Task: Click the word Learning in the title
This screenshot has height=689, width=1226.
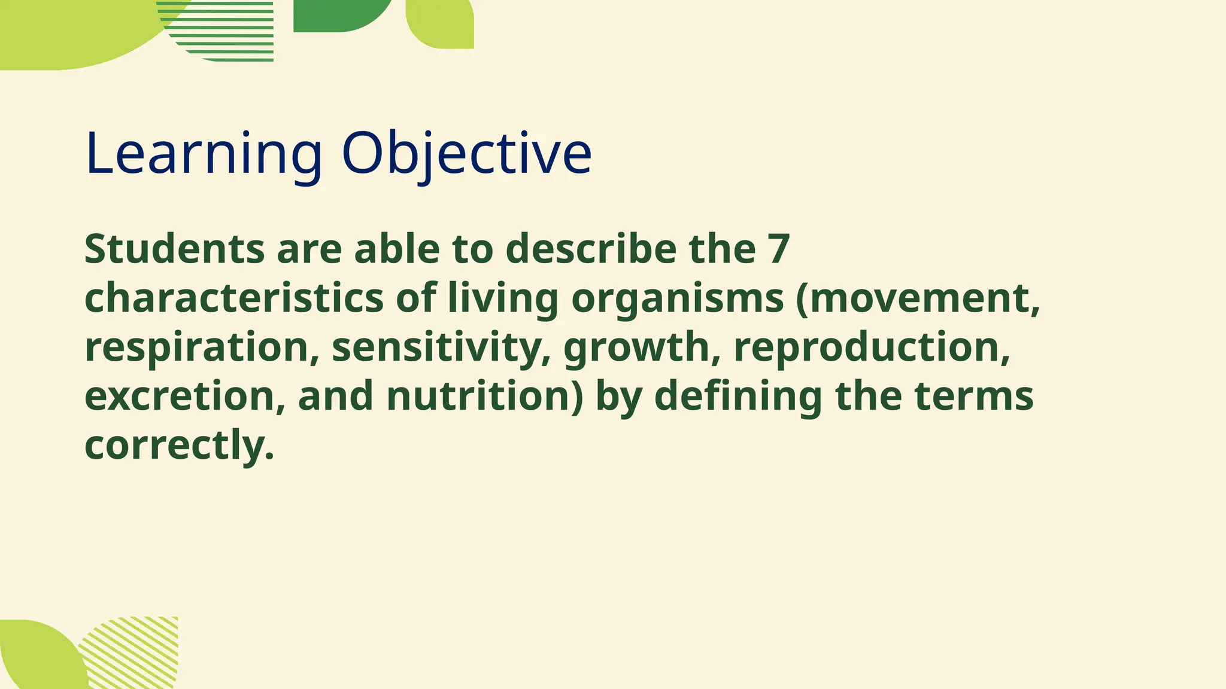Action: tap(204, 154)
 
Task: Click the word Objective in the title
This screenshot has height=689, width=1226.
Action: tap(466, 154)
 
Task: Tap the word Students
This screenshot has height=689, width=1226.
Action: tap(174, 249)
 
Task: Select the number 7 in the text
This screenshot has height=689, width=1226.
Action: tap(779, 249)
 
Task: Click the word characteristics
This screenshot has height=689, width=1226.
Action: tap(234, 298)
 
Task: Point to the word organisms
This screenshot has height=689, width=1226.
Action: tap(677, 298)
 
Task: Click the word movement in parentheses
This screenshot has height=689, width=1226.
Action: tap(922, 298)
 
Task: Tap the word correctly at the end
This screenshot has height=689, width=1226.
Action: tap(178, 445)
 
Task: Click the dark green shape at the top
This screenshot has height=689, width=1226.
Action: tap(335, 15)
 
